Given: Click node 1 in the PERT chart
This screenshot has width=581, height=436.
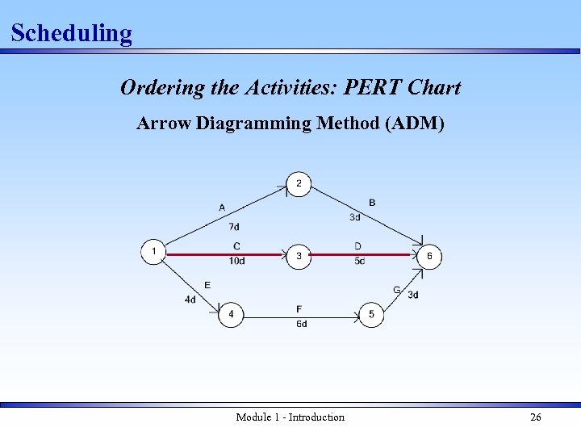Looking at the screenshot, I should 153,252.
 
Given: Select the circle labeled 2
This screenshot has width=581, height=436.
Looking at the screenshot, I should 299,184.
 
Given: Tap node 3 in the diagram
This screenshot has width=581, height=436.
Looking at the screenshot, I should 299,257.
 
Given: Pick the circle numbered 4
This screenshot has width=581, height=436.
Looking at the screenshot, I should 231,314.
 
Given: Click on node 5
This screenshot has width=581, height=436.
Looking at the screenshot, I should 371,314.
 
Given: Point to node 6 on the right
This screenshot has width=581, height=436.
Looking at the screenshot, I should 429,257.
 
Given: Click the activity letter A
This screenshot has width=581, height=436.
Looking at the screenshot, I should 222,208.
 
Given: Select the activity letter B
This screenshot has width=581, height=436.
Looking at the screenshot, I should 372,202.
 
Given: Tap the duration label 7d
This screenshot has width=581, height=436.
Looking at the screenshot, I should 234,227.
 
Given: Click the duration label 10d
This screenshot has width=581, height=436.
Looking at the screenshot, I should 236,261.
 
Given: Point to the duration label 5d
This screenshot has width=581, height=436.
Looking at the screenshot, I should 359,261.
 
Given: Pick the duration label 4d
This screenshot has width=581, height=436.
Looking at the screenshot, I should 190,300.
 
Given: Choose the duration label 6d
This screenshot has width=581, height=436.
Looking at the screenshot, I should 301,324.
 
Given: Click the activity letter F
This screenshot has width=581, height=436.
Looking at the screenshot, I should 299,308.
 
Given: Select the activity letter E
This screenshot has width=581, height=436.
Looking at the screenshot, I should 207,285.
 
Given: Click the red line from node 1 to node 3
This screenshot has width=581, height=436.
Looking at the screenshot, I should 218,254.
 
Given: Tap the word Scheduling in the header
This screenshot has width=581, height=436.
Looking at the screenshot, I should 71,33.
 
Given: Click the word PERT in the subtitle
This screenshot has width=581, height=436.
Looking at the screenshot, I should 376,87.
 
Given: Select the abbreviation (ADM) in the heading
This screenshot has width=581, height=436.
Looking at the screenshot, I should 414,124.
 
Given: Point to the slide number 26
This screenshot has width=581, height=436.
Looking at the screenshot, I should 535,417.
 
